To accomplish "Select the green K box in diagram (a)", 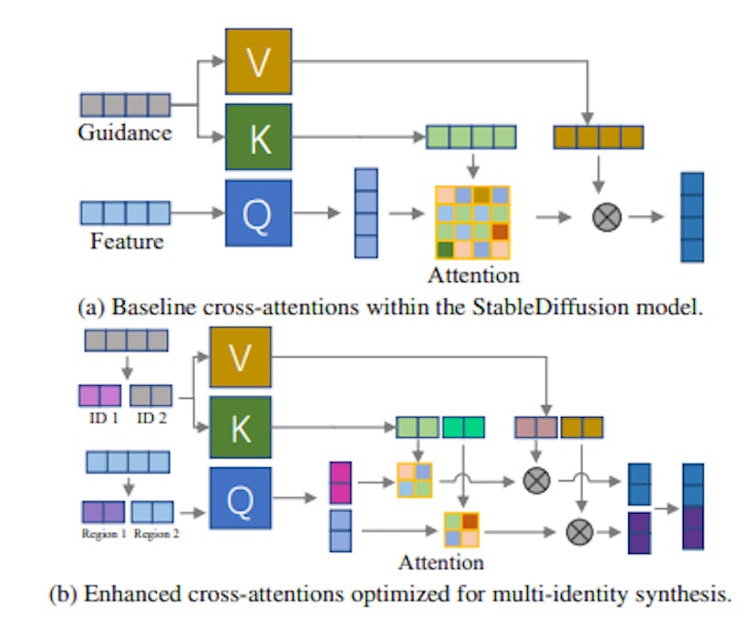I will [258, 138].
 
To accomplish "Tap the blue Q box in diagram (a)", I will [258, 213].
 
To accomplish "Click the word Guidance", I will [124, 133].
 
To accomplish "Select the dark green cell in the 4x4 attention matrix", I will [445, 249].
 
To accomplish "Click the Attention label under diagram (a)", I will [472, 274].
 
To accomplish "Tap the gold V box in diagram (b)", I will [241, 361].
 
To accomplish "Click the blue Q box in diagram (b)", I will [241, 497].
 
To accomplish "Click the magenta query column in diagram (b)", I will [339, 482].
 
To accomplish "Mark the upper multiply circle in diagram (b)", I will [536, 479].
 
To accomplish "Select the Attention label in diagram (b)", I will [440, 561].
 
